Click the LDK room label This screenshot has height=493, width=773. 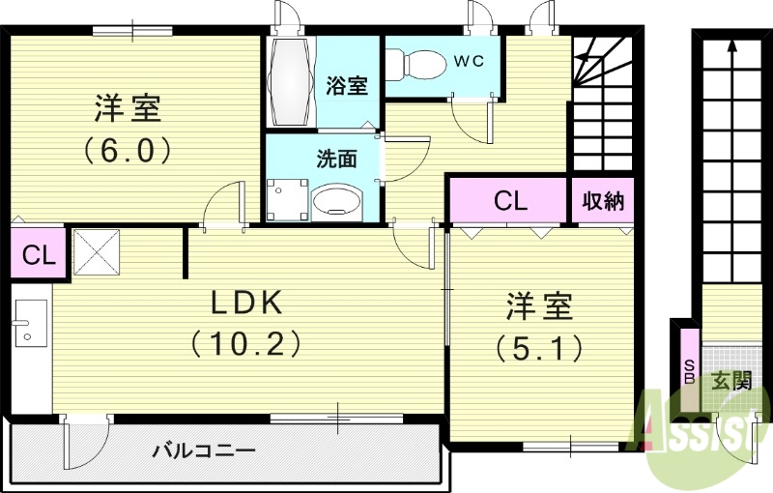coord(246,304)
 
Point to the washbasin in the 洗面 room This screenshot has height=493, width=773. coord(336,201)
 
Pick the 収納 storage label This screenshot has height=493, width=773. coord(603,201)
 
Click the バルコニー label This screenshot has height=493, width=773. coord(203,451)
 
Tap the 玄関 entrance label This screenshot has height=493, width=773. coord(731,381)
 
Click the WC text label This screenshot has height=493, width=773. coord(468,61)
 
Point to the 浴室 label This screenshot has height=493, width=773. coord(346,85)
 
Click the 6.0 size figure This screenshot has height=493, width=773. coord(127,150)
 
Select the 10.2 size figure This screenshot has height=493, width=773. coord(246,342)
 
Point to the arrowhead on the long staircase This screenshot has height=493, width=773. coord(731,43)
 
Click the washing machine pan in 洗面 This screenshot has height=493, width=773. coord(285,201)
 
